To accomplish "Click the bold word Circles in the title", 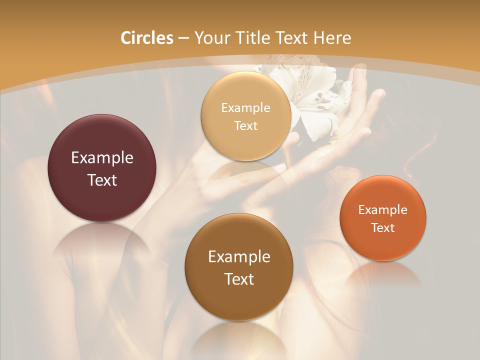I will (x=146, y=37).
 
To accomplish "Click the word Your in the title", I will (x=211, y=38).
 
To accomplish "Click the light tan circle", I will (x=245, y=145).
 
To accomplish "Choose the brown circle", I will (x=239, y=300).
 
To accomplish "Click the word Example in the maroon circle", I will (x=102, y=157).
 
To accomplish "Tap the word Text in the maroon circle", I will (x=102, y=180).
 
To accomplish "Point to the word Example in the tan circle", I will (x=245, y=107).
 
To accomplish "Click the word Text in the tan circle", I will (x=245, y=125).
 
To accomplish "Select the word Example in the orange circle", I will (x=383, y=209).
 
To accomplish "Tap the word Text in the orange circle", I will (x=383, y=227).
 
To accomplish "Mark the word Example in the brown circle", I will (x=239, y=256).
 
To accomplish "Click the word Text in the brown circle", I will (x=239, y=279).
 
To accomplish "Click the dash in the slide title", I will (x=183, y=38).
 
